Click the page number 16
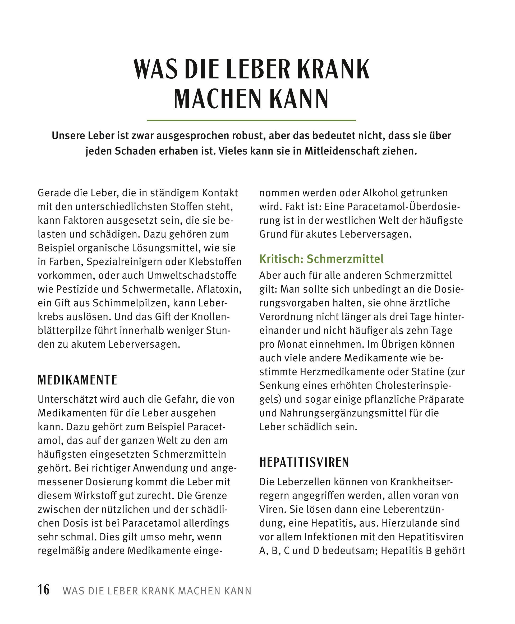pyautogui.click(x=44, y=590)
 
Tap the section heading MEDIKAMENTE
pyautogui.click(x=77, y=380)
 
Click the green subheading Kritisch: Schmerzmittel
pyautogui.click(x=321, y=259)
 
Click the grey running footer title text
pyautogui.click(x=157, y=591)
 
